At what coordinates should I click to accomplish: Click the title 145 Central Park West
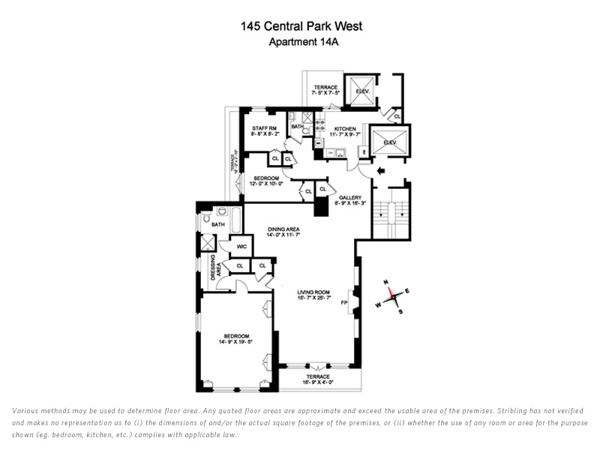[x=301, y=26]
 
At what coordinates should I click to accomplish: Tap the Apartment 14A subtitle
[x=300, y=42]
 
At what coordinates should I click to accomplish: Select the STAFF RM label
[x=264, y=129]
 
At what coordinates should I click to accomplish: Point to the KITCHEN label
[x=346, y=129]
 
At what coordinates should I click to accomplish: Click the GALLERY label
[x=351, y=196]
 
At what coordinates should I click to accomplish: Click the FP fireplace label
[x=345, y=304]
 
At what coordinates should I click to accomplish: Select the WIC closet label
[x=241, y=247]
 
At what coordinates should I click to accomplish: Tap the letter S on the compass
[x=400, y=310]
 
